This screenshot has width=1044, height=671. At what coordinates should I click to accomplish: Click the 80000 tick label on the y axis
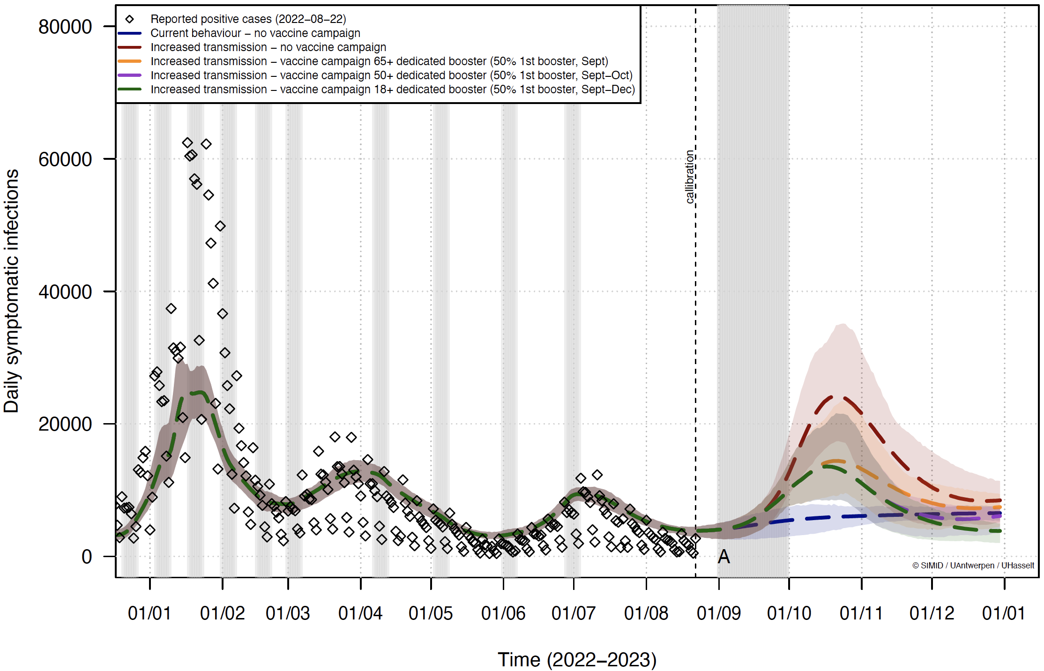(65, 27)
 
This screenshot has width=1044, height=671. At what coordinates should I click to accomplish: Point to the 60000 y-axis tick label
(65, 159)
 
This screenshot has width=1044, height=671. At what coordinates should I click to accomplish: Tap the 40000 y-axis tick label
(65, 292)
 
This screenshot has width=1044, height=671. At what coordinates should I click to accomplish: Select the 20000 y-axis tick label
(65, 424)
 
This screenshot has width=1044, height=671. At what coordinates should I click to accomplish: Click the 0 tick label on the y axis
(87, 557)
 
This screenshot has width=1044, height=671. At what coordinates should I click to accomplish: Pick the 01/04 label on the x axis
(360, 613)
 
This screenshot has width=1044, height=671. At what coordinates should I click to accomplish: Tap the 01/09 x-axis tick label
(718, 613)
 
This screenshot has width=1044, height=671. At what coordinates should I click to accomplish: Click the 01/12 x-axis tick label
(932, 613)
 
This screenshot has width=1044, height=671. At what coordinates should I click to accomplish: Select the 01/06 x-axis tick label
(503, 613)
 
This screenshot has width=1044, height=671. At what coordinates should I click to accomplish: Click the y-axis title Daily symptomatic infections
(11, 291)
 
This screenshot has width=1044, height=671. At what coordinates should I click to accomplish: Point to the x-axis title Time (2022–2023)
(577, 659)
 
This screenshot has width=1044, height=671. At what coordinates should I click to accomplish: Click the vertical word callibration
(689, 177)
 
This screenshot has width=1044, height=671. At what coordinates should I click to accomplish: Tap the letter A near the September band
(724, 557)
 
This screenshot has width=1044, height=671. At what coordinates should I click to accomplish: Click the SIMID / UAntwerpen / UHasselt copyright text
(973, 566)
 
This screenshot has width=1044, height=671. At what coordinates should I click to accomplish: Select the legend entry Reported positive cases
(248, 19)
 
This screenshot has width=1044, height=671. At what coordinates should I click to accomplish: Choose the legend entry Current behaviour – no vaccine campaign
(255, 33)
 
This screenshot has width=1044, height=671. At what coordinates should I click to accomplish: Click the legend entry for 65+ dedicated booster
(379, 61)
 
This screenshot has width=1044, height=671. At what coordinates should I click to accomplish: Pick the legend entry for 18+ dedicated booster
(392, 89)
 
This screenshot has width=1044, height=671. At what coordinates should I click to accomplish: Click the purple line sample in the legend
(130, 75)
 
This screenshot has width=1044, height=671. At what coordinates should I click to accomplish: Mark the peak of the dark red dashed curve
(837, 397)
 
